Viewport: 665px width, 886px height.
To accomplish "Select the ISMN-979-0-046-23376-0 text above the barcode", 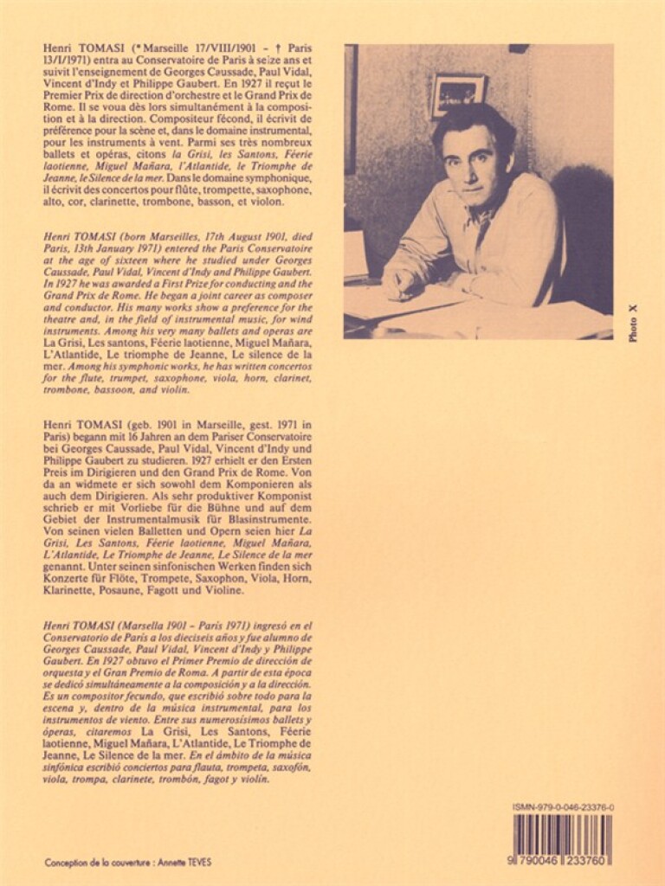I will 563,806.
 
